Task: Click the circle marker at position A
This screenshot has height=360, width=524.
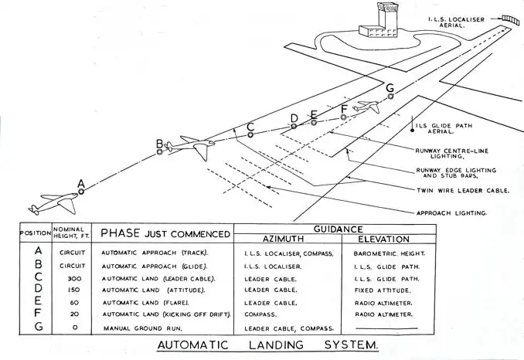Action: [81, 191]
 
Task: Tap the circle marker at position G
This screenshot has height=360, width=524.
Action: [390, 97]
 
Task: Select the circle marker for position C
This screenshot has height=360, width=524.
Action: [250, 134]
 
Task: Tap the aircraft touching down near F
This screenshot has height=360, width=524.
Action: [368, 107]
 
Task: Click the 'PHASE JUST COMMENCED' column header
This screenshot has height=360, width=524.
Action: [165, 233]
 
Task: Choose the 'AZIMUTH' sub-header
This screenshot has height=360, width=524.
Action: [285, 239]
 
